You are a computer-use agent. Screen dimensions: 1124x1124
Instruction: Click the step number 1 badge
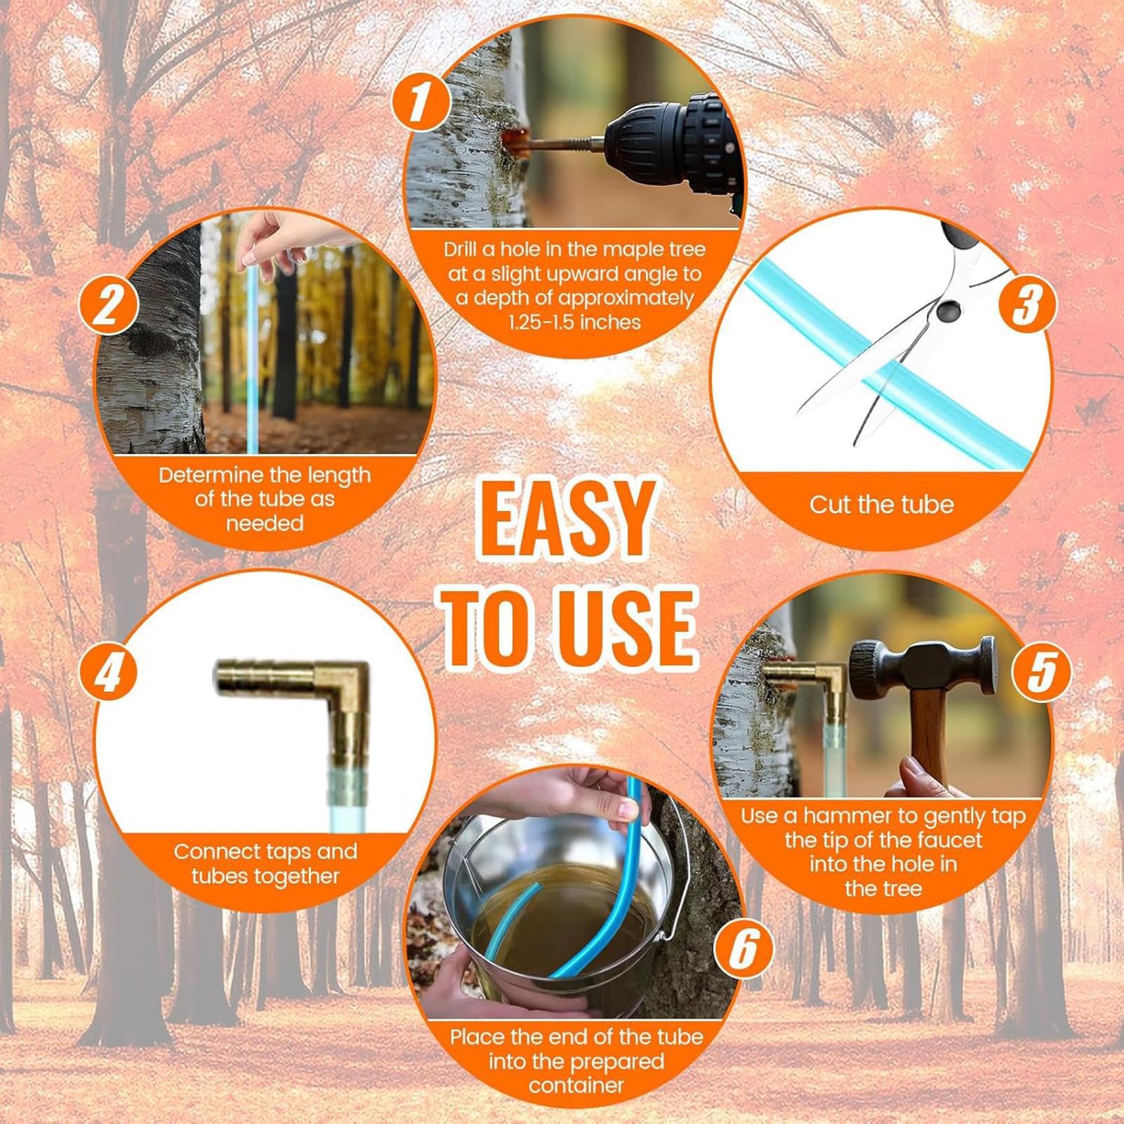pos(420,103)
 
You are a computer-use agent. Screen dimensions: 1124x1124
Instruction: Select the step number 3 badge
pos(1026,303)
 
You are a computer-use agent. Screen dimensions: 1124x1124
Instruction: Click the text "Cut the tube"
pos(881,504)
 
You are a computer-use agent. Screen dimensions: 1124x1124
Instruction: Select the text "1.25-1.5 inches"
pos(575,322)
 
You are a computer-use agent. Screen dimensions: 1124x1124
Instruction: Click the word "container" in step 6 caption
pos(576,1085)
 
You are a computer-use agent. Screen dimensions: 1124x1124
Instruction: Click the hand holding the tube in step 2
pos(270,235)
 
